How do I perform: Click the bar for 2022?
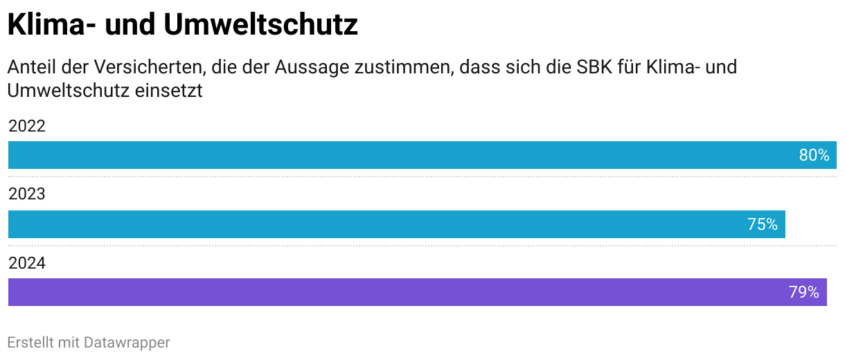(x=402, y=155)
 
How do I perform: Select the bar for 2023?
(x=388, y=224)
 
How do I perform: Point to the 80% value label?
(x=814, y=155)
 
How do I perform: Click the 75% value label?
(x=762, y=224)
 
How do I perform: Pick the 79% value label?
(x=803, y=292)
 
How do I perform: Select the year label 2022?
(x=26, y=127)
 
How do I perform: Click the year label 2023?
(x=26, y=195)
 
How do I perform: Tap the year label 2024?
(x=26, y=263)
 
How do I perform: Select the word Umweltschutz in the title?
(x=261, y=26)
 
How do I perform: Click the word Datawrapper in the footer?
(x=127, y=342)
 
